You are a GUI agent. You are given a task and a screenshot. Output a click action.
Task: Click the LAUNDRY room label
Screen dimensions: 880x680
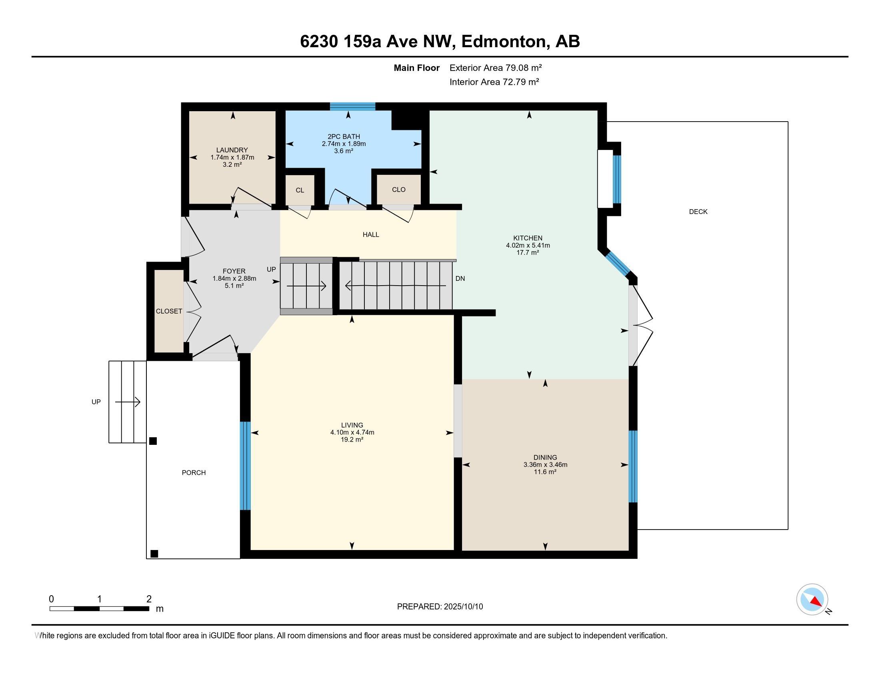pos(232,150)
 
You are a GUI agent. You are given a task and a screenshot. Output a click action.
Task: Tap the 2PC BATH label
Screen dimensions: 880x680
pos(344,136)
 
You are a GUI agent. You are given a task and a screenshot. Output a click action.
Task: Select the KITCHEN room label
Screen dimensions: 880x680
pos(528,238)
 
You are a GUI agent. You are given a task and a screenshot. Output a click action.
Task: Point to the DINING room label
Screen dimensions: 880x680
pos(545,457)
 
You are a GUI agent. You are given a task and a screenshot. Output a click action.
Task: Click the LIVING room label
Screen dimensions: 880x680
pos(352,425)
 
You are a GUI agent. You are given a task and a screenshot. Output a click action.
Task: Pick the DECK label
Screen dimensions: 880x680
pos(698,212)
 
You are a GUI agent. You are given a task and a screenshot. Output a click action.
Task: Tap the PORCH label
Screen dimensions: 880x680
pos(194,472)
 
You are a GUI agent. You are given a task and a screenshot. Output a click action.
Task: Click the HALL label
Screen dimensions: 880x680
pos(371,234)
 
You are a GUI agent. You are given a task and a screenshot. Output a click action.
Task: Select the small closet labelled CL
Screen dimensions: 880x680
pos(300,190)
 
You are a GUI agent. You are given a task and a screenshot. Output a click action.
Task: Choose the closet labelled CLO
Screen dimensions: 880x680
pos(398,189)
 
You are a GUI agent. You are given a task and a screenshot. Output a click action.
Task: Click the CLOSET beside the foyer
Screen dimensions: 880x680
pos(169,311)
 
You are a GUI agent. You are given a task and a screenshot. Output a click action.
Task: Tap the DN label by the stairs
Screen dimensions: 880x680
pos(460,278)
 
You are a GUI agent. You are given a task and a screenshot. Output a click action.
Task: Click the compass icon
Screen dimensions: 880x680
pos(812,599)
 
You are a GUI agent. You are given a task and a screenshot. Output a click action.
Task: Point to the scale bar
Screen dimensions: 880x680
pos(100,608)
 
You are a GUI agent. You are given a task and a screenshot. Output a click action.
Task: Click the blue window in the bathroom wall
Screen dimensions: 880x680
pos(352,106)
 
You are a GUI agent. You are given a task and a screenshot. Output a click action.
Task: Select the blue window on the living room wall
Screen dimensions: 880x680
pos(245,466)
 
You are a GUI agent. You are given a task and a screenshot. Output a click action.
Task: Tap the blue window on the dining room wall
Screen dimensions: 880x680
pos(633,466)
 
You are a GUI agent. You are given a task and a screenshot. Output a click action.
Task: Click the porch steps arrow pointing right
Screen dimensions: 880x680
pos(128,402)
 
